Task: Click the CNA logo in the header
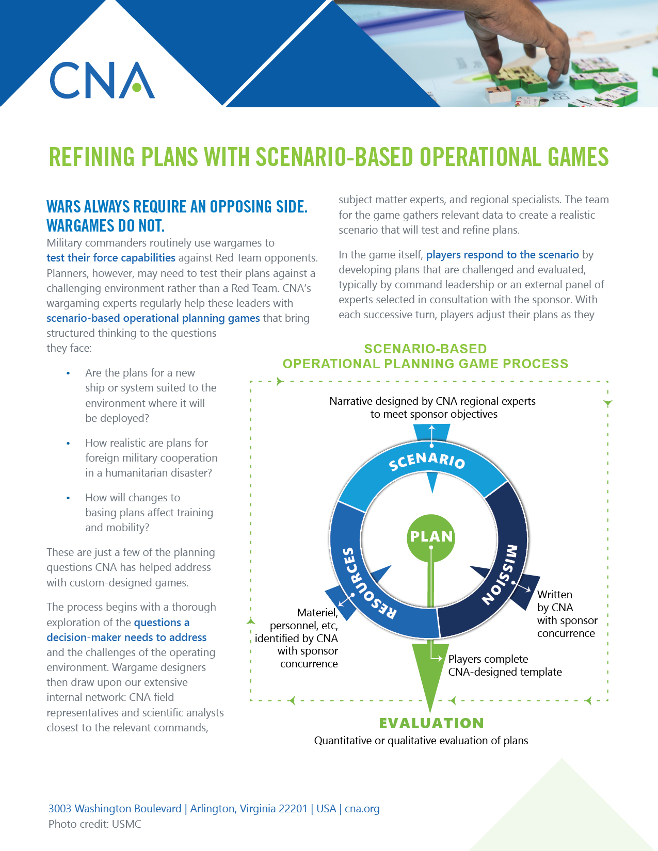[x=102, y=80]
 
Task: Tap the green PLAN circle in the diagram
[x=431, y=537]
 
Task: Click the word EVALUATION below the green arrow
[x=431, y=723]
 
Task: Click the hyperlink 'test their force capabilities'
[x=111, y=258]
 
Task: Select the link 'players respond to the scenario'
[x=502, y=255]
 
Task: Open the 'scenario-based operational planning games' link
[x=153, y=318]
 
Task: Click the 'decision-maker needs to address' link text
[x=126, y=637]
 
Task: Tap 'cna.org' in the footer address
[x=362, y=809]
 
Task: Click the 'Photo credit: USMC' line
[x=95, y=824]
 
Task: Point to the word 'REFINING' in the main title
[x=92, y=157]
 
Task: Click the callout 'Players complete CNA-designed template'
[x=504, y=665]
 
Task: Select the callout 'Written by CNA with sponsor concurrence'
[x=566, y=614]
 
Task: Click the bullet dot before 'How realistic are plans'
[x=68, y=443]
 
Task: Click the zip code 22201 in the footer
[x=293, y=809]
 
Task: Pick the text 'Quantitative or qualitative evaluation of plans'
[x=421, y=741]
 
